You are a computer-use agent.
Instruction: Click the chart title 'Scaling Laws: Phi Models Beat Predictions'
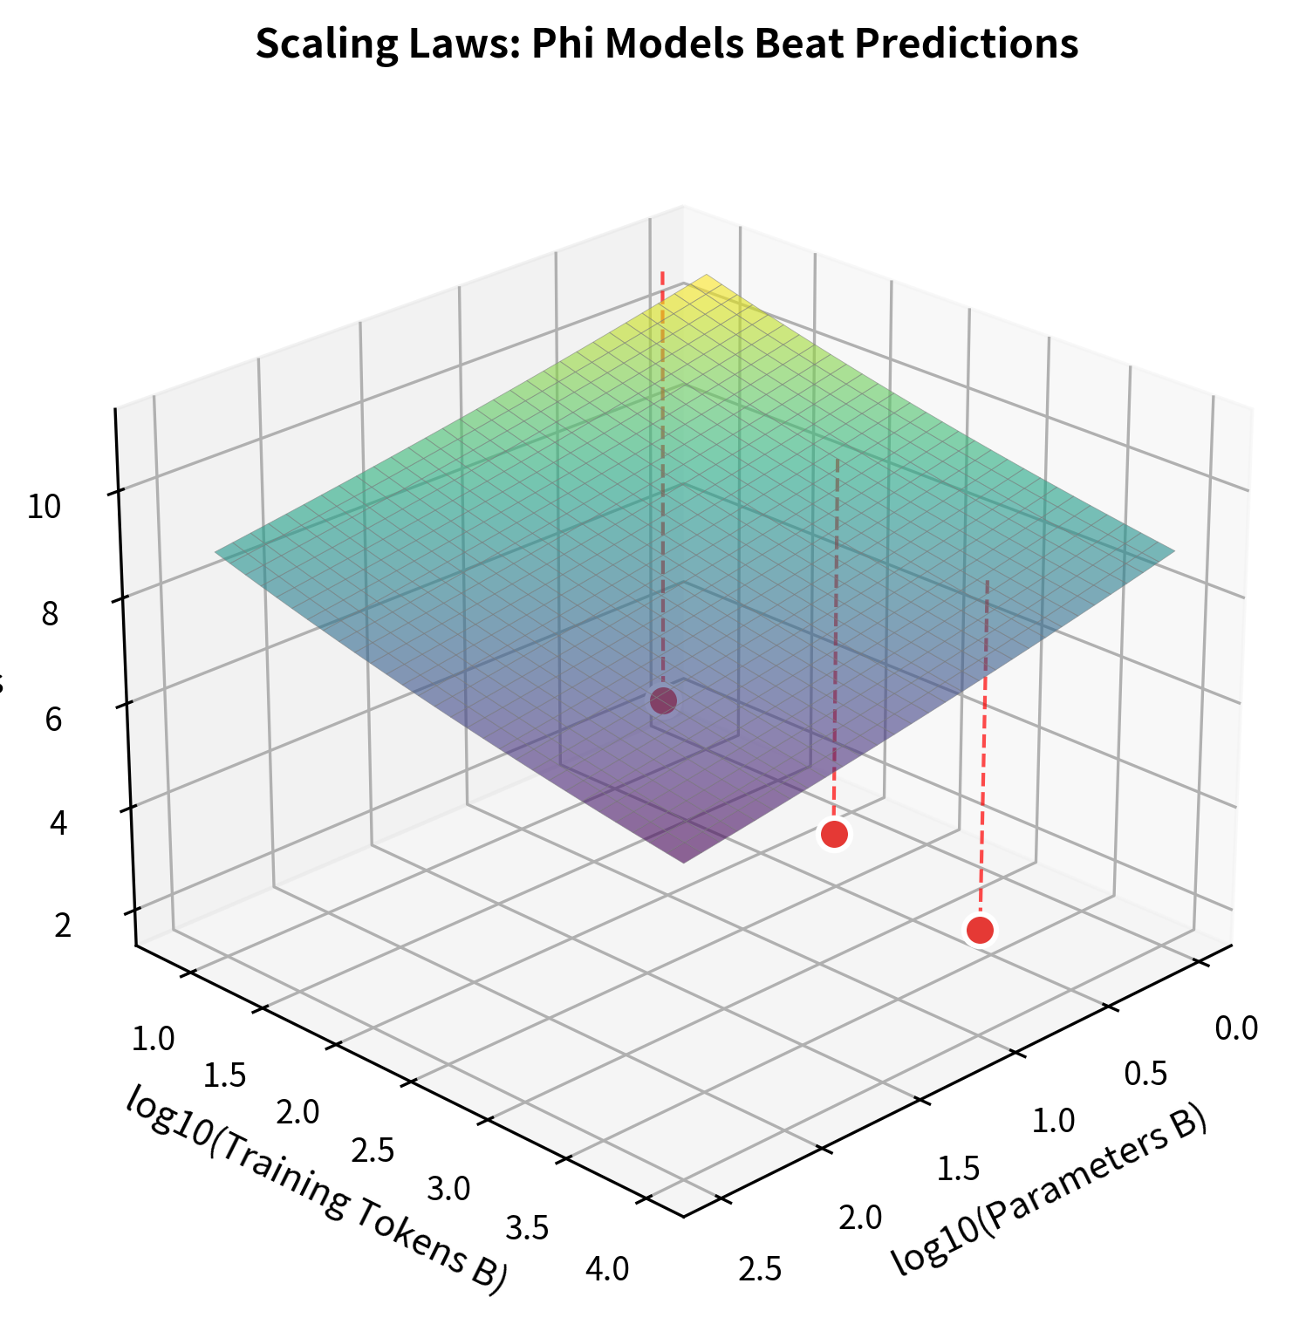tap(667, 44)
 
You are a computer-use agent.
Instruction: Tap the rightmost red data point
tap(980, 930)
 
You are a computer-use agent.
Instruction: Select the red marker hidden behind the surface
tap(663, 700)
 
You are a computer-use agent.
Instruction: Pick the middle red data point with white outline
tap(834, 834)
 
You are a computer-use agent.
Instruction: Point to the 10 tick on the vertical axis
tap(44, 507)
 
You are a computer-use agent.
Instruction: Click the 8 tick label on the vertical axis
tap(50, 615)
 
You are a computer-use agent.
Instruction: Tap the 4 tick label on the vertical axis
tap(58, 823)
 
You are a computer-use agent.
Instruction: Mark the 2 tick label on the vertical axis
tap(63, 925)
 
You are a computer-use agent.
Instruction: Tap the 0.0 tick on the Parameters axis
tap(1236, 1028)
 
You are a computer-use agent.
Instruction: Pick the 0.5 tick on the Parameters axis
tap(1145, 1075)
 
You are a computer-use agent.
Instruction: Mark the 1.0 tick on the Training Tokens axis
tap(154, 1039)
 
